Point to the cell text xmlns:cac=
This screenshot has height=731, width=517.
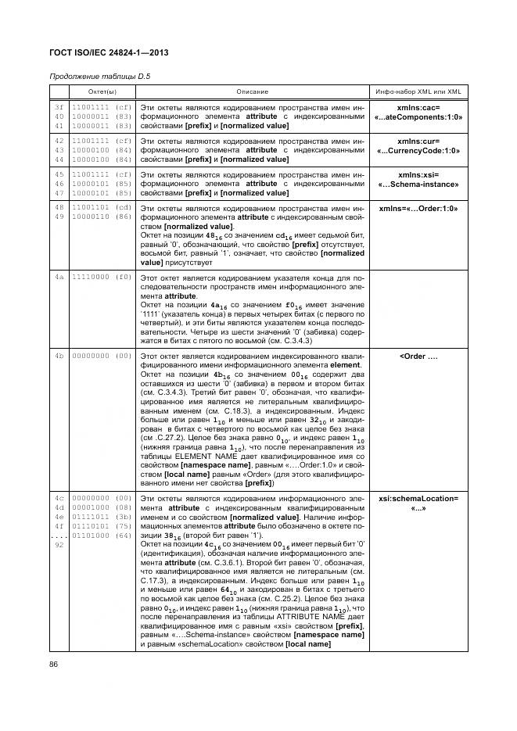(418, 107)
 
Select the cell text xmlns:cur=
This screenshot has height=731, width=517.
(418, 141)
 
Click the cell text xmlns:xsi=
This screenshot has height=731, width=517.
(418, 174)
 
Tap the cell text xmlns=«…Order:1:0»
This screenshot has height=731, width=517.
(418, 209)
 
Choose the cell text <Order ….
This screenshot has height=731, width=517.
(418, 356)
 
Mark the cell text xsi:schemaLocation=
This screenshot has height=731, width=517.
(418, 497)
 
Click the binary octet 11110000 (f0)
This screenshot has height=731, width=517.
(102, 277)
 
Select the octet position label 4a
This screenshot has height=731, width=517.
(59, 277)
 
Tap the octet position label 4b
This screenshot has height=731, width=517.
(59, 356)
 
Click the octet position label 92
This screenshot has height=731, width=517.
(59, 544)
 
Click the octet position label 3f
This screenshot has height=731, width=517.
(59, 107)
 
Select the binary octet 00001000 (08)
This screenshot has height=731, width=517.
(102, 507)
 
